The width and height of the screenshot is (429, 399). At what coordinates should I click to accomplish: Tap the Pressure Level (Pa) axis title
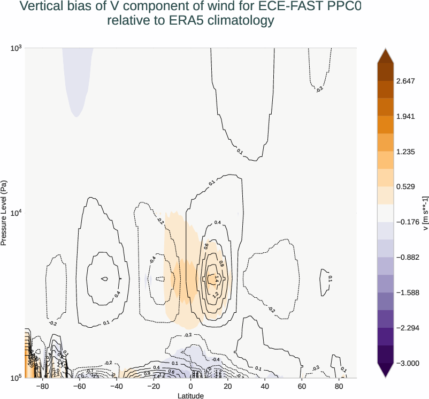tap(4, 213)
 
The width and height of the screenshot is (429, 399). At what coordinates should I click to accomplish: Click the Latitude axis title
tap(190, 395)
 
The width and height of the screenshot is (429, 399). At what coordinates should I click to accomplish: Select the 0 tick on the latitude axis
tap(190, 386)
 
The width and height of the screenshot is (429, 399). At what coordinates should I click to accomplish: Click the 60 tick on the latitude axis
tap(301, 386)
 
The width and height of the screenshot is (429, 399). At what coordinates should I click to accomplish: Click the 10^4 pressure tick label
tap(15, 213)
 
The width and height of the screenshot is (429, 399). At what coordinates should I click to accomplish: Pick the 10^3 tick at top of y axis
tap(15, 48)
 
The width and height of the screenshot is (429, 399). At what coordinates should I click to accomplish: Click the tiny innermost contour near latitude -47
tap(105, 278)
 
